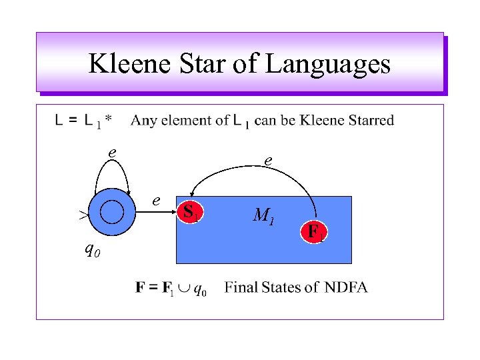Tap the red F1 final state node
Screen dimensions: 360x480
coord(315,231)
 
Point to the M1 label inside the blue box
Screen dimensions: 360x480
coord(264,215)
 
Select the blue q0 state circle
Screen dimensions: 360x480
coord(111,212)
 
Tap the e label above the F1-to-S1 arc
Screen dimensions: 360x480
coord(267,161)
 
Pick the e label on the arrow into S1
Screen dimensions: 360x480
coord(155,199)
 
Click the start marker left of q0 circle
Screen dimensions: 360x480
coord(82,215)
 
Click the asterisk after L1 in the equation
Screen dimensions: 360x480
coord(109,119)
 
